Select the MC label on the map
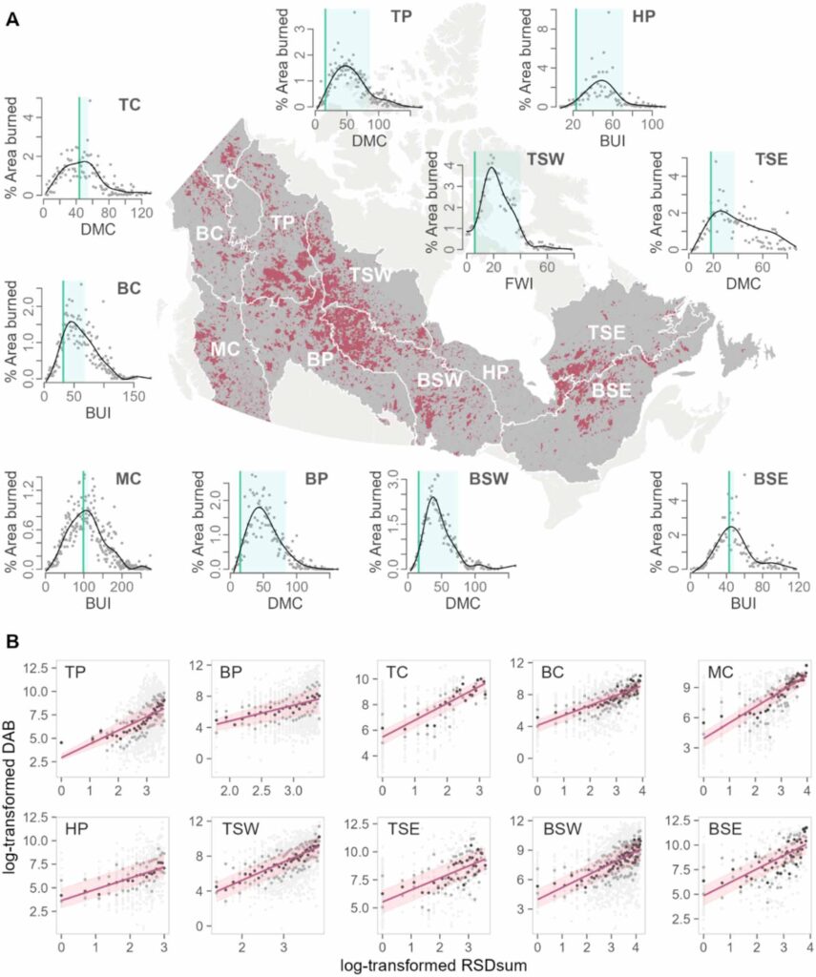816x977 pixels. (x=224, y=348)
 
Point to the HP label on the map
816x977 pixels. (x=494, y=371)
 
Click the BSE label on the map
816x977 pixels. (x=612, y=388)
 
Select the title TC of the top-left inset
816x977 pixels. (x=130, y=105)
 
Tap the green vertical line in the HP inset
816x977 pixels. (x=575, y=57)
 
